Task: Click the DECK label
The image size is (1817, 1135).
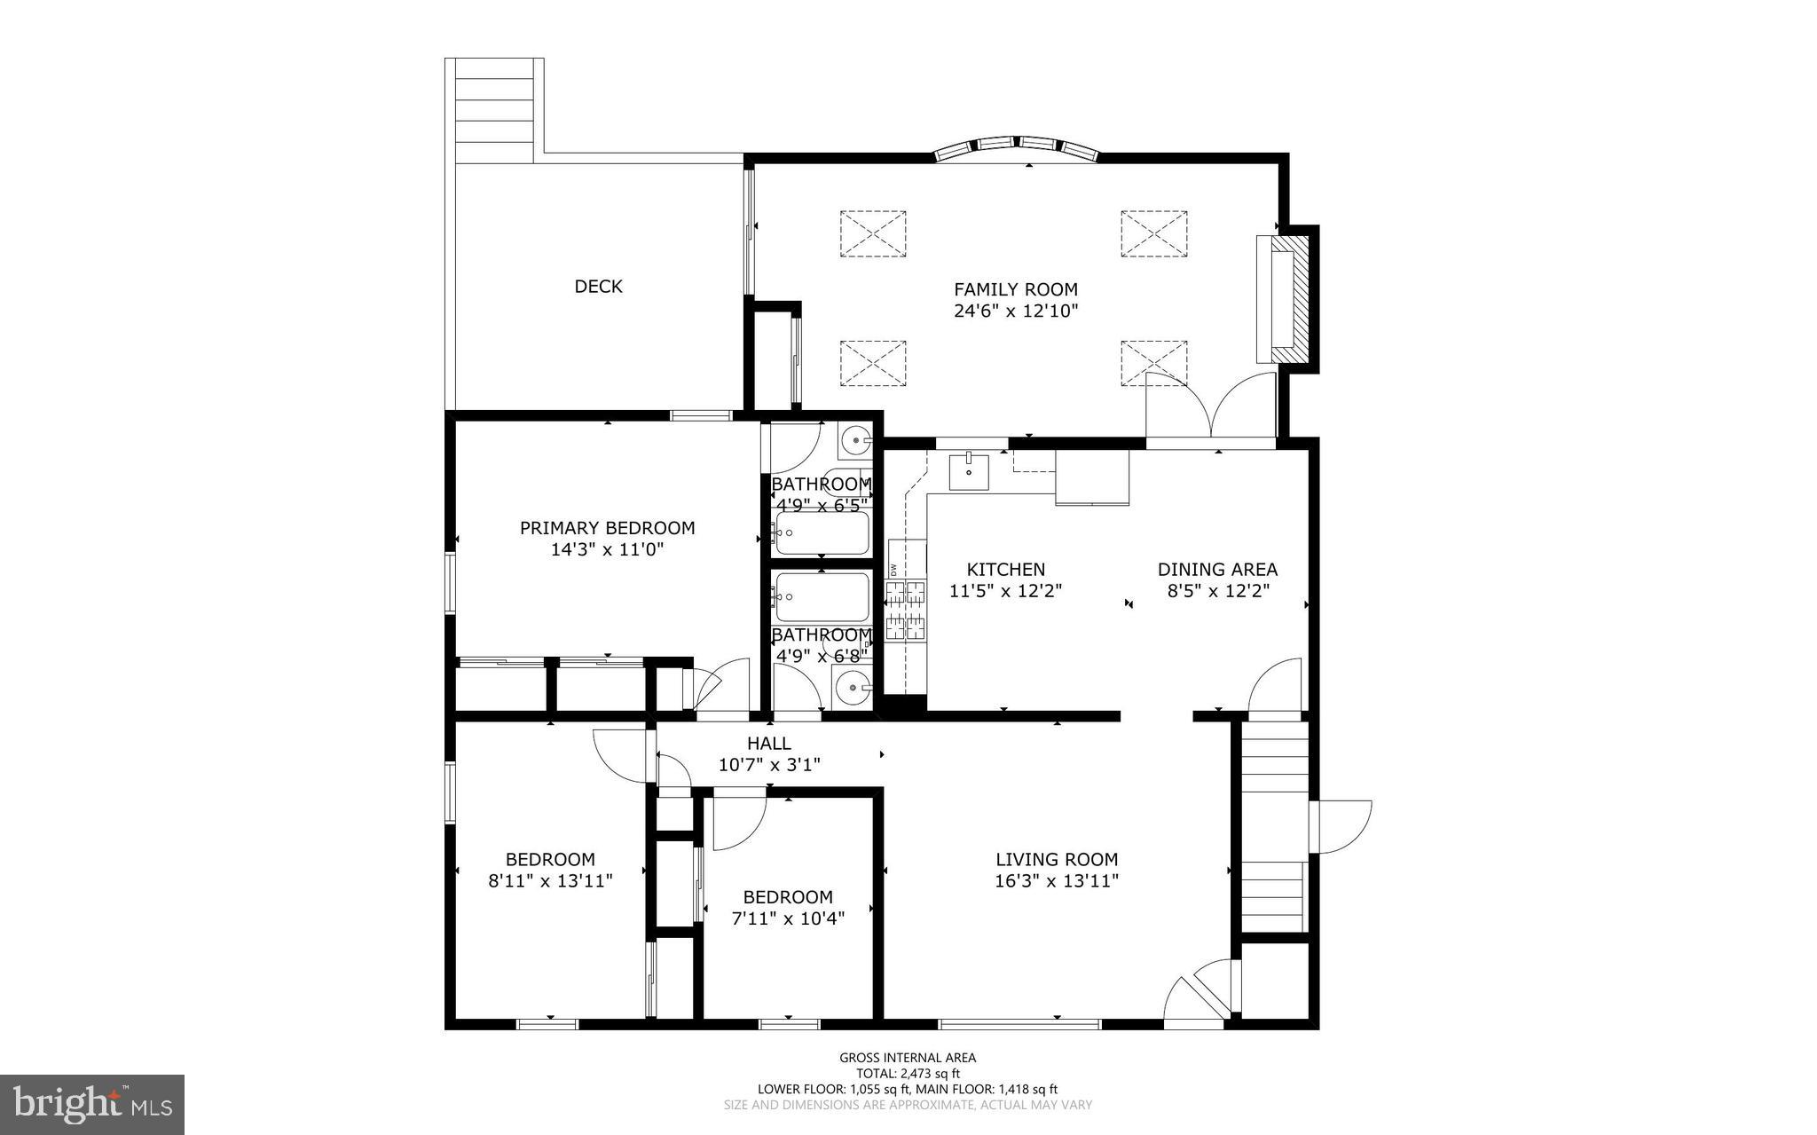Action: pos(598,287)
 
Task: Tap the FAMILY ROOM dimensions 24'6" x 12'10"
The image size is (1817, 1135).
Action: pos(1016,311)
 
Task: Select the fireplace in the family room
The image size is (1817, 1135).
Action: pos(1286,298)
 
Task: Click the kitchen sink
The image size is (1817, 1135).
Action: pos(969,470)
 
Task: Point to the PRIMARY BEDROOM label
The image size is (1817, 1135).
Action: pos(607,528)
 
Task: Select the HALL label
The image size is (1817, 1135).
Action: pos(768,744)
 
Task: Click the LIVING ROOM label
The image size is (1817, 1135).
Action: pos(1056,859)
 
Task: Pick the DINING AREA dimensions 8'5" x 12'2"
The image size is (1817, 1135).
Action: pos(1218,591)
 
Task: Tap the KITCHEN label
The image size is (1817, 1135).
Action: pos(1005,570)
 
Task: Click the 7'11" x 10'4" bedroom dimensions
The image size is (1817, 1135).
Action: pos(788,918)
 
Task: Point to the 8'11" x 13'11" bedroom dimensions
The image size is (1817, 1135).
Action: pos(550,881)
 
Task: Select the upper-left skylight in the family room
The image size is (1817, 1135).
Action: pos(873,234)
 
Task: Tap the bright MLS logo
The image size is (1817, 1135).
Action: pos(92,1104)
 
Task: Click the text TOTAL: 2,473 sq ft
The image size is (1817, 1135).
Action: pos(907,1073)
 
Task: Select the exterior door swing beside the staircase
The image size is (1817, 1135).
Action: pos(1341,827)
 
